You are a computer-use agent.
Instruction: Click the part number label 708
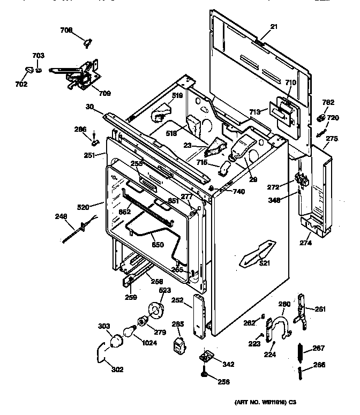66,30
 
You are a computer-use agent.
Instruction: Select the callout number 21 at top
274,27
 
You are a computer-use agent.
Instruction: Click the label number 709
104,93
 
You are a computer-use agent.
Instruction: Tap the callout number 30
90,107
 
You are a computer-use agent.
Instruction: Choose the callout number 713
254,111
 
